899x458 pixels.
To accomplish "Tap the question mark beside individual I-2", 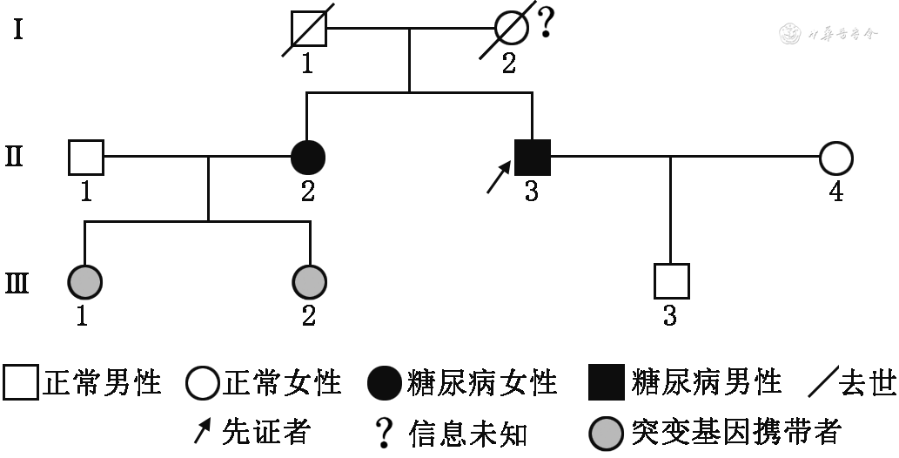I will (x=546, y=23).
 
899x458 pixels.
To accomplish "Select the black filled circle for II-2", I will (x=307, y=158).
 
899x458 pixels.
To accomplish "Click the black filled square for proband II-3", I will (x=533, y=158).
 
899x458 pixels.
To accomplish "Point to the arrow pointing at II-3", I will (x=498, y=178).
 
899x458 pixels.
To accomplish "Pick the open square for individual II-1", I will (x=85, y=158).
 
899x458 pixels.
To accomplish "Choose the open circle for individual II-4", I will (x=835, y=158).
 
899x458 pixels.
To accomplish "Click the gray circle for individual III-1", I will (x=84, y=281).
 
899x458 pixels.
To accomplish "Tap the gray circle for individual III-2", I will (x=309, y=281).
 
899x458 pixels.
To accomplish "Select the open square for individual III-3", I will (x=671, y=281).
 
